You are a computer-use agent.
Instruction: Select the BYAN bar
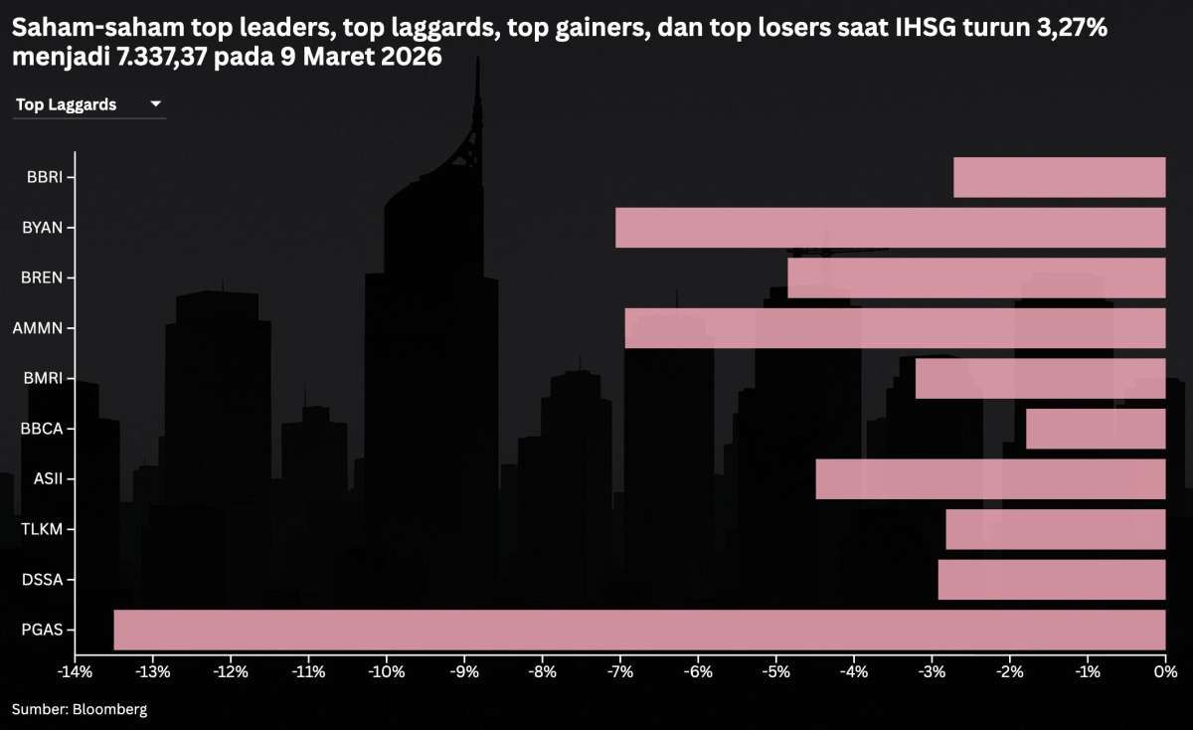click(x=890, y=228)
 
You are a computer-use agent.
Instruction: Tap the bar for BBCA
click(x=1095, y=429)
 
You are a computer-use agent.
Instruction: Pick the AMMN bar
click(x=895, y=328)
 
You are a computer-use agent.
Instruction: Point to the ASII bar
click(x=990, y=478)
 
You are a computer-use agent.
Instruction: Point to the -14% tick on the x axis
click(x=75, y=671)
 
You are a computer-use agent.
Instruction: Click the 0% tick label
click(x=1165, y=671)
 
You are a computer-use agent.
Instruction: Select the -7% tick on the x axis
click(x=619, y=671)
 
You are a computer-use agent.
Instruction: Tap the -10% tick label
click(x=386, y=671)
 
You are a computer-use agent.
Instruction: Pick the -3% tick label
click(x=932, y=671)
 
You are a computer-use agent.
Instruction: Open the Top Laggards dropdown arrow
click(x=155, y=104)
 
